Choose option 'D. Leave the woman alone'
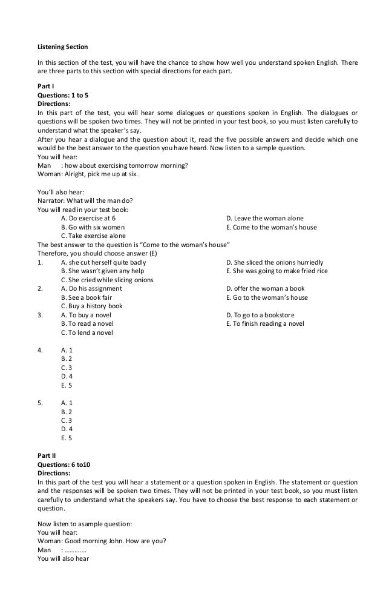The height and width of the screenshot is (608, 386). point(264,218)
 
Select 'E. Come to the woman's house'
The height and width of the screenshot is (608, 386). point(270,227)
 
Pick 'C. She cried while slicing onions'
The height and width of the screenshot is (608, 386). point(107,280)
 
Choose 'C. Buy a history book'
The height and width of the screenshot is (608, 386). point(91,306)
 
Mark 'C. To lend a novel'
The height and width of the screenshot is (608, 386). point(87,332)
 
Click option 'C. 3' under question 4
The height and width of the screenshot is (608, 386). point(67,368)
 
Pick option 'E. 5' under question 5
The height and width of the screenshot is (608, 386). point(67,437)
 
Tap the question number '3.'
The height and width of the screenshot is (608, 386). point(40,315)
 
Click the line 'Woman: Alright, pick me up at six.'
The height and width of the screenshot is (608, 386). point(87,174)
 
